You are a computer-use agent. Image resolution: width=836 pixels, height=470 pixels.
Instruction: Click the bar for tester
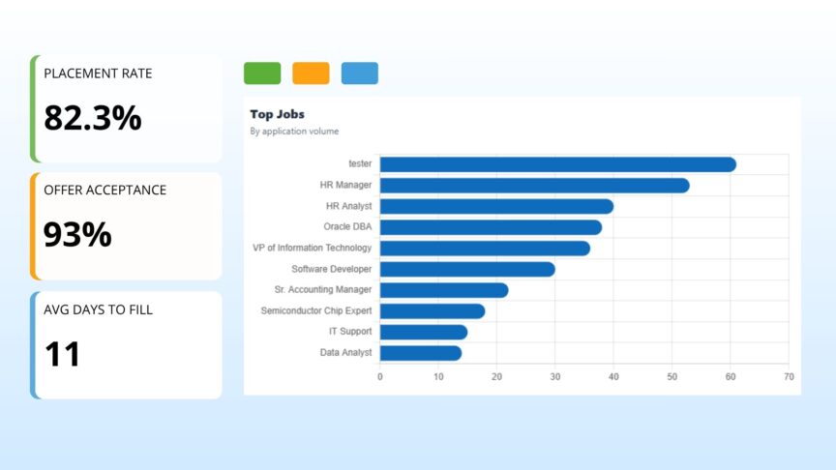click(558, 164)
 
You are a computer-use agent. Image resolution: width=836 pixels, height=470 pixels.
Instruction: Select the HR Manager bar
click(535, 186)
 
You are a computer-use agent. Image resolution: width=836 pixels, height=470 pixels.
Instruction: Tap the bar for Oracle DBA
click(491, 227)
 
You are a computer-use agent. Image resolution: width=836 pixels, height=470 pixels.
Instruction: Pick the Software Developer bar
click(467, 269)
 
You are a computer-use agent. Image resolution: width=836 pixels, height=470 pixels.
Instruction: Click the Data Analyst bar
click(421, 353)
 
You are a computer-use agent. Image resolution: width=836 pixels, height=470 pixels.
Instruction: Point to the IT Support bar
click(424, 332)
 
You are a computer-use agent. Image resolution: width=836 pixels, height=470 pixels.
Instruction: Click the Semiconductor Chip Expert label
click(316, 310)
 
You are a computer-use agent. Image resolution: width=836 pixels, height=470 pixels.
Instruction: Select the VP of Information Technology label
click(312, 248)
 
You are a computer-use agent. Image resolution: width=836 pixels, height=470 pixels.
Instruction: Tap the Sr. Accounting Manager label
click(323, 289)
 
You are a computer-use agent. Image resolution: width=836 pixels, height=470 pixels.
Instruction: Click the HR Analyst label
click(348, 206)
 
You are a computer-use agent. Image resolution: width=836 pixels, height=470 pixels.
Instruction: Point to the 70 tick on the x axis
click(789, 377)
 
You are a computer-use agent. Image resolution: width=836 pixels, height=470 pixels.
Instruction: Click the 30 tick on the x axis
click(555, 377)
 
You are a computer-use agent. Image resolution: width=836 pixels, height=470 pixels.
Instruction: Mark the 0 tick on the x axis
click(380, 377)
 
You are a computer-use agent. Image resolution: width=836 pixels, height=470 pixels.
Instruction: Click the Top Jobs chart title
click(278, 114)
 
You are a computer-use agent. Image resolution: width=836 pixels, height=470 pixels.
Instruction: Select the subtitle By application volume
click(294, 132)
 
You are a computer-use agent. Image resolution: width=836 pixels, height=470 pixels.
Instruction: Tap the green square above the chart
click(262, 73)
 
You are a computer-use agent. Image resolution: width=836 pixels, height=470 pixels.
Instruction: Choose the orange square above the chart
click(311, 73)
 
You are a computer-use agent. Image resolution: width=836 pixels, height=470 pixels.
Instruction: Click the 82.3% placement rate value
click(93, 118)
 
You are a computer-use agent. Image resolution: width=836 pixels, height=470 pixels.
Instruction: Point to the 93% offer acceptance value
click(77, 234)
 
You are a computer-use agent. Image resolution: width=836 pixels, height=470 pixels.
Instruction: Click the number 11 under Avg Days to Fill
click(62, 354)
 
